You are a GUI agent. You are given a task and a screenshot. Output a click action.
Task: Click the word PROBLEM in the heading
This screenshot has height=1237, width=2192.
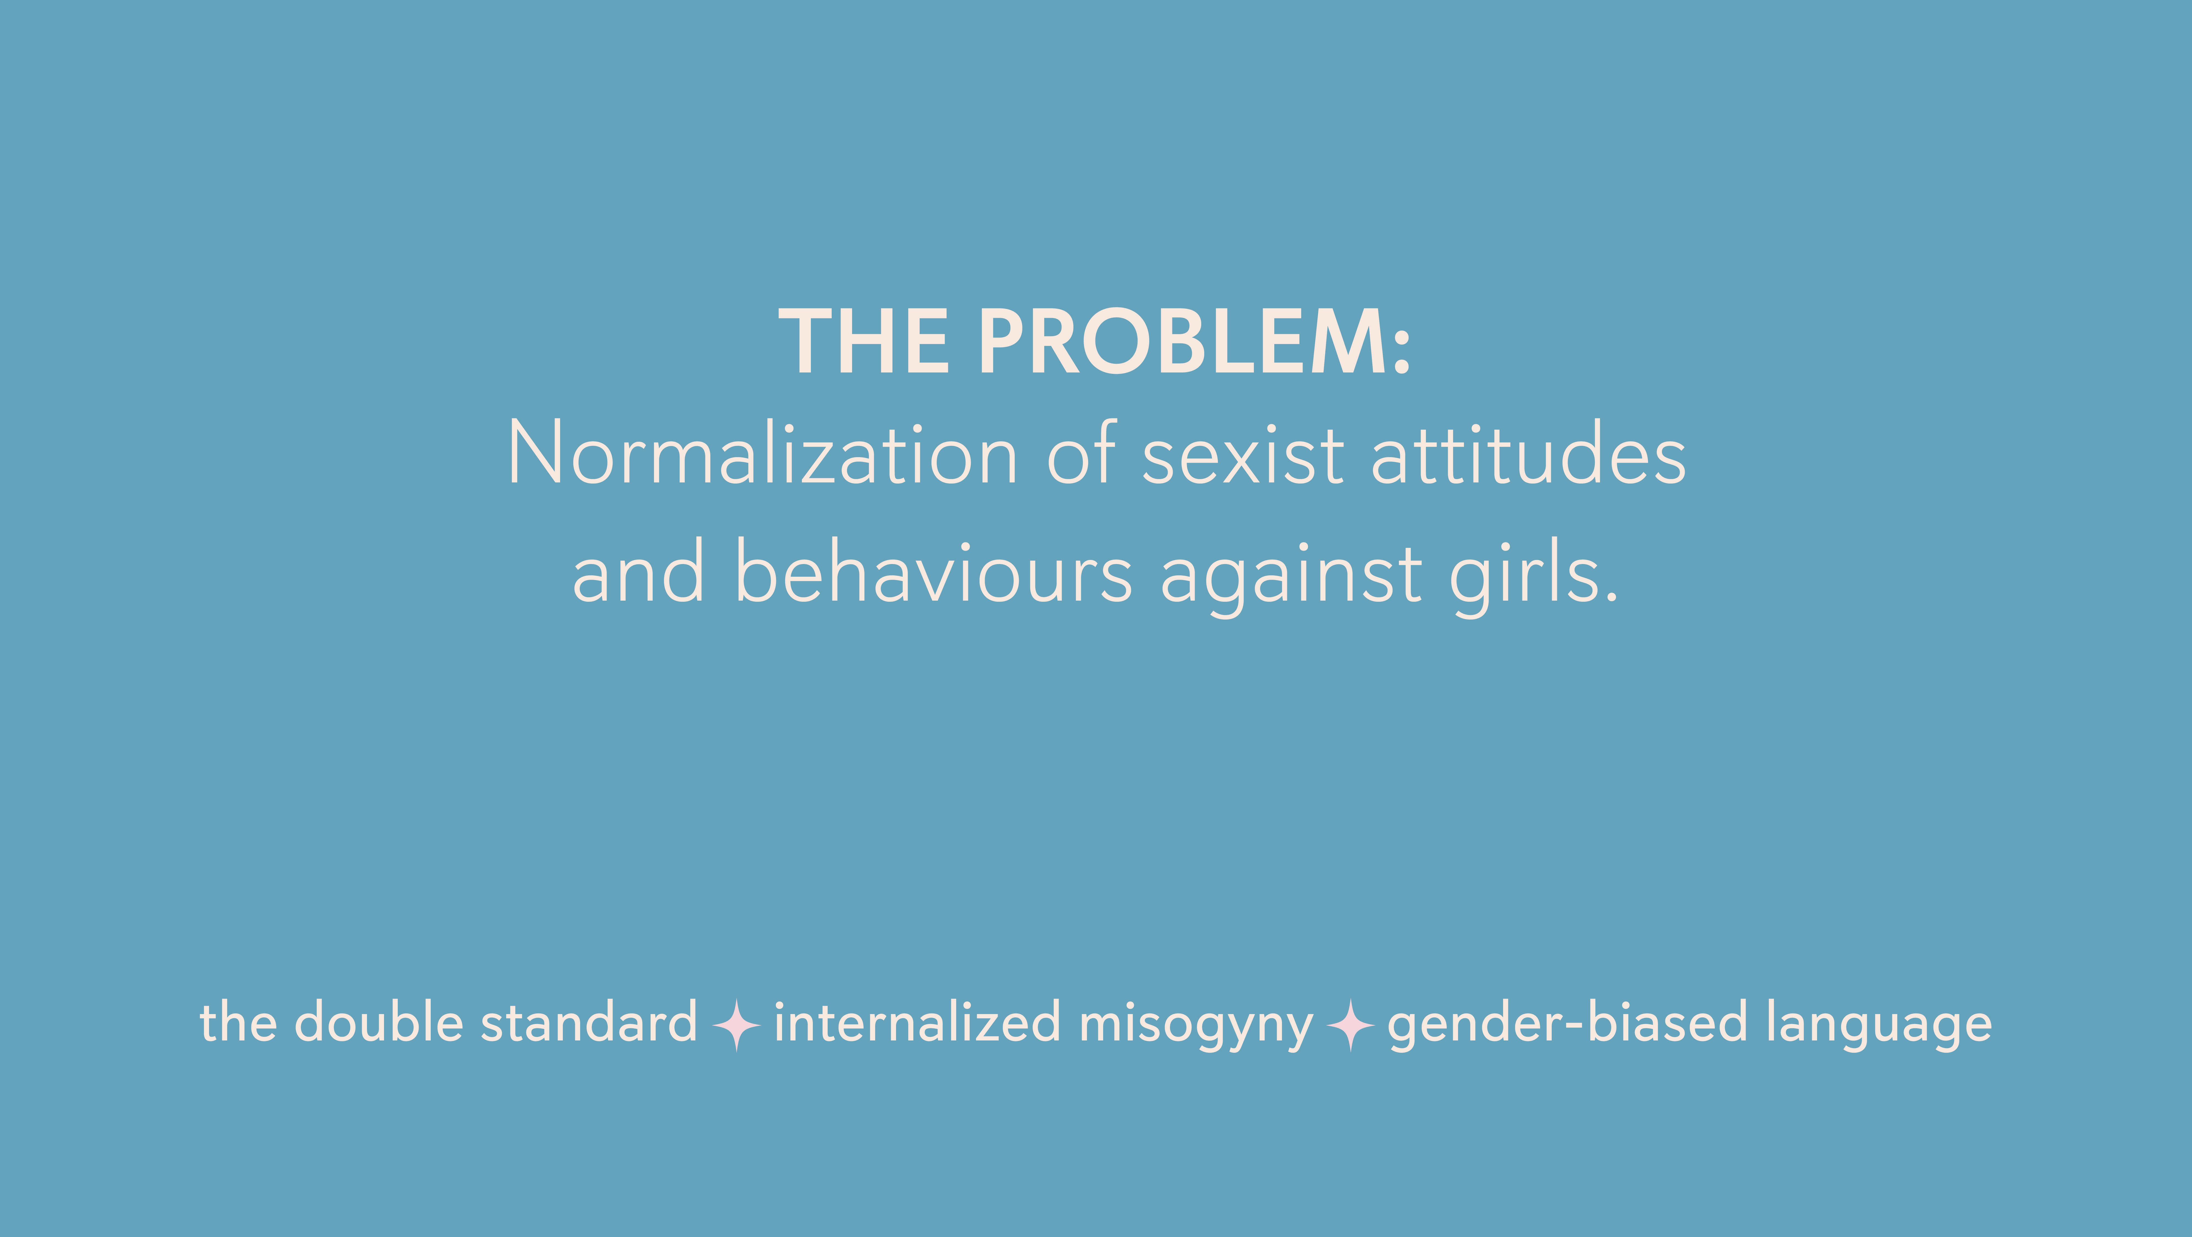click(x=1183, y=341)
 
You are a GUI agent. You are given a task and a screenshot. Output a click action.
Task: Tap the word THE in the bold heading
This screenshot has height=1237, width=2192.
click(x=864, y=341)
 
